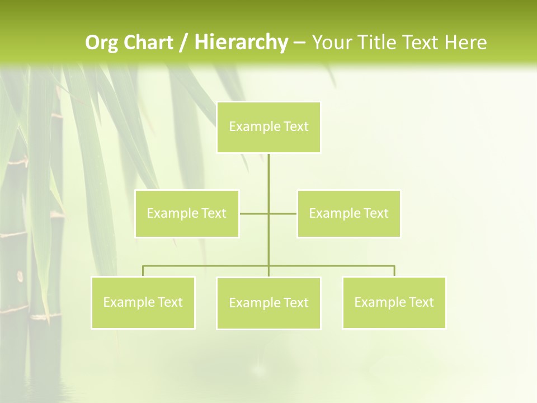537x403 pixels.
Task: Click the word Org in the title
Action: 101,43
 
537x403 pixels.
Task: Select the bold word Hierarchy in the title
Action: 241,43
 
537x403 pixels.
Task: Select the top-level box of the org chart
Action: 268,127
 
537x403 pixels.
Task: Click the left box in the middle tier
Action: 187,214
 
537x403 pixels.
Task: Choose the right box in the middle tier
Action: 348,214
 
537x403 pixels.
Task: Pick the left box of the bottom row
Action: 143,303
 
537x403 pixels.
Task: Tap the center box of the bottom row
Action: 268,303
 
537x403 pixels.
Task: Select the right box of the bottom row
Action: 394,303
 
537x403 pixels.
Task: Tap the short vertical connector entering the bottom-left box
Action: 143,271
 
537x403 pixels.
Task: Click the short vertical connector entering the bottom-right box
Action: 394,271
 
